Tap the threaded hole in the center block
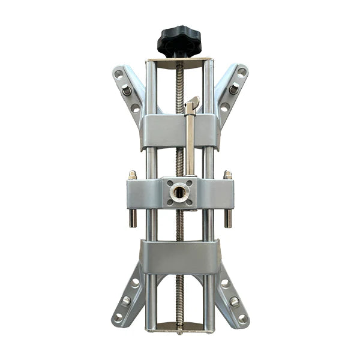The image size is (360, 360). (179, 193)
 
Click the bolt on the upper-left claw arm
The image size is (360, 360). (127, 90)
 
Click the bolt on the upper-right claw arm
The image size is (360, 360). (234, 89)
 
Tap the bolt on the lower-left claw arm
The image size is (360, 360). (127, 301)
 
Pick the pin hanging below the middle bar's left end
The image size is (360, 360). (133, 217)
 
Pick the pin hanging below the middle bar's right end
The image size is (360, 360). (228, 217)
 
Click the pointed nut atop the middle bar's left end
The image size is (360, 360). (132, 175)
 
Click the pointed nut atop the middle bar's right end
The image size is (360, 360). (228, 175)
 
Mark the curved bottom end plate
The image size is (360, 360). (180, 327)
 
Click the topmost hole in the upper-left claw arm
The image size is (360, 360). (119, 74)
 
